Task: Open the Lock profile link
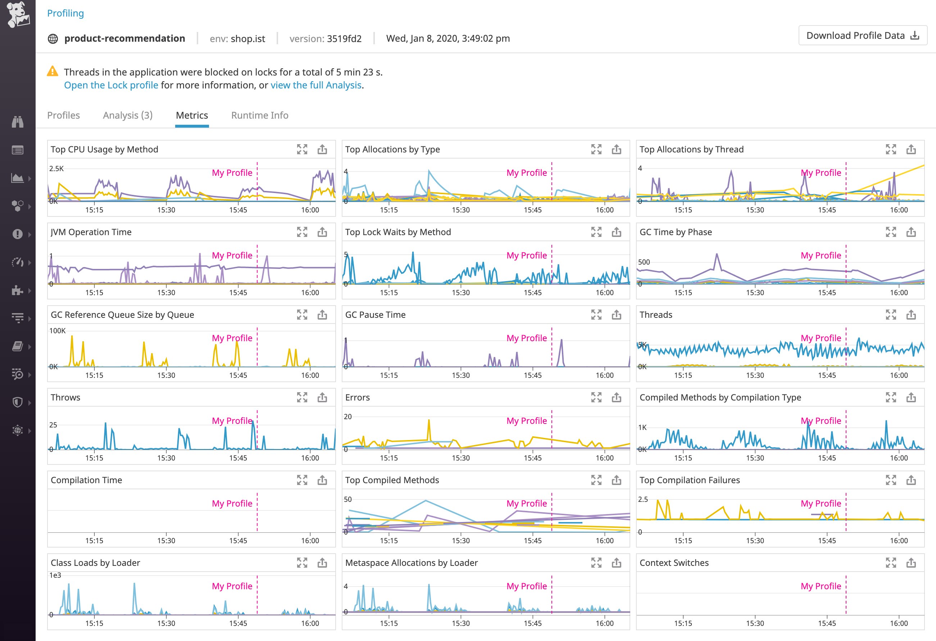[111, 85]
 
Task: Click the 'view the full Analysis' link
[316, 85]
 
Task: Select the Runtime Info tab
[260, 115]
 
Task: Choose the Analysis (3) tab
[128, 115]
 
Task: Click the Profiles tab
[64, 115]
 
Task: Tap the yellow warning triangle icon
[53, 72]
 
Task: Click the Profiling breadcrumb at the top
[65, 13]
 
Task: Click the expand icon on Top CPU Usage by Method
[302, 150]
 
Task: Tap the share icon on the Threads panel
[911, 315]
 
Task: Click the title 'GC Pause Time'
[375, 315]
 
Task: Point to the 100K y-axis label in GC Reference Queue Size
[57, 331]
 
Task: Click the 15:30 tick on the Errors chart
[461, 458]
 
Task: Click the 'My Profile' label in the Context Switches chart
[821, 586]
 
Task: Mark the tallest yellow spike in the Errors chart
[429, 421]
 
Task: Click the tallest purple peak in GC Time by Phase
[717, 254]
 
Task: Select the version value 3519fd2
[344, 38]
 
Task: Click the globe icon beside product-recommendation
[53, 38]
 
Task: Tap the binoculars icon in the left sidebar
[17, 122]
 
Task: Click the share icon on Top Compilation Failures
[911, 480]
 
